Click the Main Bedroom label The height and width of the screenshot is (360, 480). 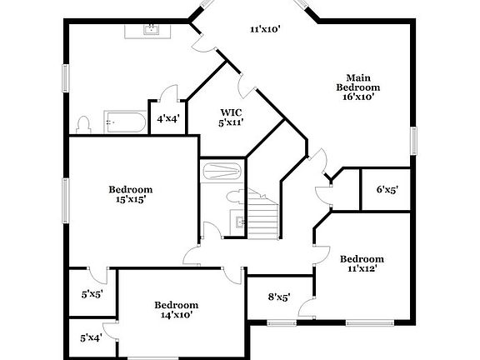[x=358, y=82]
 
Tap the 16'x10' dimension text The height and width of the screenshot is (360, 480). [x=358, y=96]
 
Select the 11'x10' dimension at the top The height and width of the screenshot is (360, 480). [x=265, y=29]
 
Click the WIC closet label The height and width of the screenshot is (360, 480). [x=231, y=112]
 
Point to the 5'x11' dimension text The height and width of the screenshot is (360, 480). [x=231, y=122]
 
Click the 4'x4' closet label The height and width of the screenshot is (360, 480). [x=167, y=119]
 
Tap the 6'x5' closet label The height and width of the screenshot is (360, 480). [x=387, y=189]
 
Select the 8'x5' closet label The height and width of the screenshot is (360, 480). [x=278, y=297]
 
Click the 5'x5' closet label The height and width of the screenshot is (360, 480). [x=91, y=293]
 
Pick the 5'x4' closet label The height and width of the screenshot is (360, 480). [x=91, y=337]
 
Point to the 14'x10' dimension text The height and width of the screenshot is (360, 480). [x=176, y=315]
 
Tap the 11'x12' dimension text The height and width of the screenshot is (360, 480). [x=362, y=268]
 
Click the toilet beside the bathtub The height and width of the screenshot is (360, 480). [x=82, y=125]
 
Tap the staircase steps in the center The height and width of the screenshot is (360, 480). [x=264, y=219]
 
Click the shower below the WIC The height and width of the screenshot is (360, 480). [x=221, y=172]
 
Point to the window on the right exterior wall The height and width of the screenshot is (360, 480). [x=412, y=139]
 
